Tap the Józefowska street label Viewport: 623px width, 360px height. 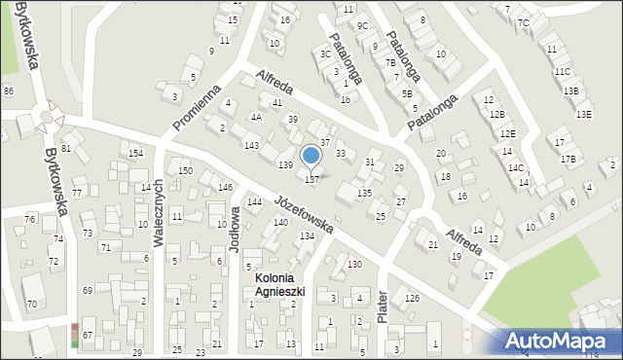[x=304, y=215]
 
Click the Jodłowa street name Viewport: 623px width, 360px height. [x=234, y=230]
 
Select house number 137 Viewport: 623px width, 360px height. [x=312, y=179]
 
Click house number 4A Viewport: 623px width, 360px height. [x=256, y=117]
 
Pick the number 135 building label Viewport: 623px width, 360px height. [x=364, y=194]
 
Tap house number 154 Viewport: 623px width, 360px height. [x=136, y=154]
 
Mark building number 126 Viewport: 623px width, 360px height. [x=413, y=298]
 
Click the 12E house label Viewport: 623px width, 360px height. [x=508, y=133]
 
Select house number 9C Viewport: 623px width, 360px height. [x=362, y=25]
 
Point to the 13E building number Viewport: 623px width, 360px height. [x=583, y=114]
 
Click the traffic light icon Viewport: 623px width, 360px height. [x=76, y=335]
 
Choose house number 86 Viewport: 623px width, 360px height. [x=9, y=90]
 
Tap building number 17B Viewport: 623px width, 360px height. [x=568, y=159]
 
